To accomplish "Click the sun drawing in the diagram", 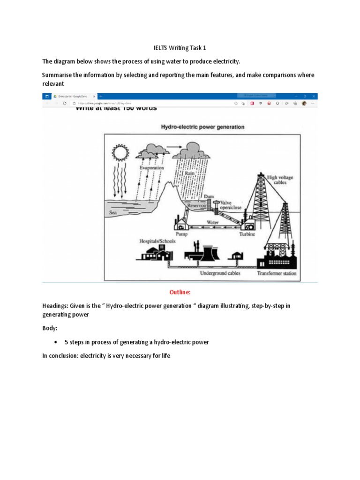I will click(x=120, y=153).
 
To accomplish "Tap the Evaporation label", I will click(x=151, y=167).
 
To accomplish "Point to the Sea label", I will click(x=112, y=212).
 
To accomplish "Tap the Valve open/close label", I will click(x=229, y=205).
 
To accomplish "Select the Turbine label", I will click(x=247, y=234).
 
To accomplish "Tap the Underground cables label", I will click(x=220, y=273).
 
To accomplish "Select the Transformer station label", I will click(x=277, y=273).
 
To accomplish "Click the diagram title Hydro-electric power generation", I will click(x=202, y=127).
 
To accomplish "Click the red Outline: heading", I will click(x=180, y=292).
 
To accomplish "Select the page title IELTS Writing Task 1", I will click(x=180, y=48).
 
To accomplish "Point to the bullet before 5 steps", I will click(x=62, y=342).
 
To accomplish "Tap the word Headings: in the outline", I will click(x=55, y=305).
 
